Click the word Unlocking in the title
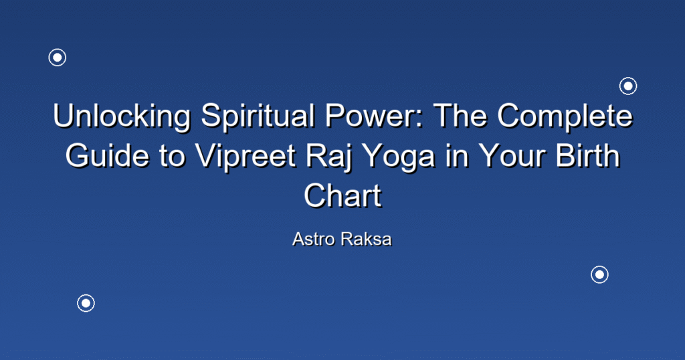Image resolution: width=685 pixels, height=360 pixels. (122, 116)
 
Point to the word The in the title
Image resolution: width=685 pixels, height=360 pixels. (460, 115)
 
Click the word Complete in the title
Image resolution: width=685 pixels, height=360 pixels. (565, 116)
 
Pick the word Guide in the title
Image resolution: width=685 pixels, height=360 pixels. (108, 155)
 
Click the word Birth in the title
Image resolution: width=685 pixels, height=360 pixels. (587, 155)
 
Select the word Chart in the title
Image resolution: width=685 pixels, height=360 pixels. (342, 195)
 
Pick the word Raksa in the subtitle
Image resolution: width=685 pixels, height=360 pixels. (366, 239)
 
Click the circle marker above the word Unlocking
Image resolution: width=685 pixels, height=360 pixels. (58, 58)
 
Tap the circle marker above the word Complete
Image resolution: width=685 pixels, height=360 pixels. (628, 86)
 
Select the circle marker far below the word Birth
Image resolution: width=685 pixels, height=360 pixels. (600, 275)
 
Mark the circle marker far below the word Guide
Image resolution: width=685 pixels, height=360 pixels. (86, 303)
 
